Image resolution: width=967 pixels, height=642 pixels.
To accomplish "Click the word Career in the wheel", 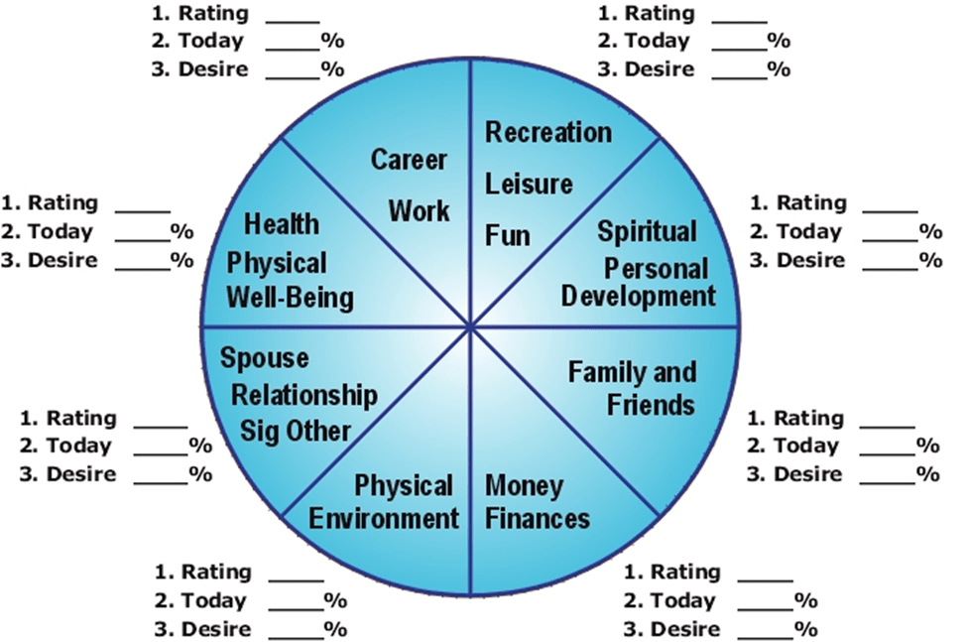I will point(410,159).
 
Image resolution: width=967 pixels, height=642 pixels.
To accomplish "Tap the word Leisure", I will point(529,184).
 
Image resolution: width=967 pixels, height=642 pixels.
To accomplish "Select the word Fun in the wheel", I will point(508,236).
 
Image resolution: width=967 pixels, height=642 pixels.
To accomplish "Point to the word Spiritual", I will point(648,232).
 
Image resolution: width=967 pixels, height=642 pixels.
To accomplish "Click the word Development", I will point(639,296).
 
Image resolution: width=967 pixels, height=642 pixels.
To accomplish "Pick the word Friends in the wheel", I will point(651,405).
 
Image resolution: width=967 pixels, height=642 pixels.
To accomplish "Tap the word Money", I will point(525,487).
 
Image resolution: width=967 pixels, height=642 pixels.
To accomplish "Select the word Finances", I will point(538,518).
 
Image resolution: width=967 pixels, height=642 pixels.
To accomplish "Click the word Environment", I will point(384,518).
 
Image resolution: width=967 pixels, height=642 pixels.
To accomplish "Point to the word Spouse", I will point(264,357).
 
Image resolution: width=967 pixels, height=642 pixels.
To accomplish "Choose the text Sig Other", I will point(296,432).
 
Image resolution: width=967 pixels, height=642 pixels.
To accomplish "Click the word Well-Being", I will point(290,297).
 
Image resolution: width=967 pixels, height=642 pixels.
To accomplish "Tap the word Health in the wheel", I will point(282,223).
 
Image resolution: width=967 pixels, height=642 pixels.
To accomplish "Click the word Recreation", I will point(548,132).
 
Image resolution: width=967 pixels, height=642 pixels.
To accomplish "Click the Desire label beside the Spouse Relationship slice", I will point(66,474).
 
